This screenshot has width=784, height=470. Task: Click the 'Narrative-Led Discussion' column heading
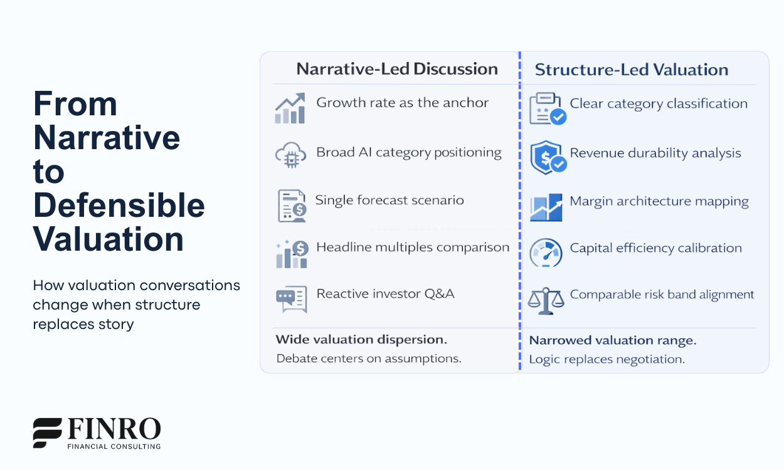[397, 69]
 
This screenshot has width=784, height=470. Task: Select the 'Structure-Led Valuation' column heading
[632, 70]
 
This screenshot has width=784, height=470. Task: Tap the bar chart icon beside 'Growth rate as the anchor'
[290, 108]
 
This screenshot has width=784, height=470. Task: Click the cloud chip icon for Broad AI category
[290, 156]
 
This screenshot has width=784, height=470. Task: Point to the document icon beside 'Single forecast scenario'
[292, 205]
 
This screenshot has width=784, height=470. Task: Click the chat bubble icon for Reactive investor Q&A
[292, 299]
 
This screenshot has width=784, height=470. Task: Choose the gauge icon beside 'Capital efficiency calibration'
[546, 253]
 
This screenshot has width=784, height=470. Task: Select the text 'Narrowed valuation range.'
[613, 341]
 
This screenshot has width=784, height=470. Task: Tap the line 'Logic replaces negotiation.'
[607, 359]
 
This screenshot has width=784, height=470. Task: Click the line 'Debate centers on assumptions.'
[369, 358]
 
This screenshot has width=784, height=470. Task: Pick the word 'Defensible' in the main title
[119, 206]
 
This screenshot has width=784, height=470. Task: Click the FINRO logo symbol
[48, 432]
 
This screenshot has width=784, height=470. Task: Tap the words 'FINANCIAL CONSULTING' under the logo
[114, 446]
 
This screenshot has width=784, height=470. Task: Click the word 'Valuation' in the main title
[109, 240]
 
